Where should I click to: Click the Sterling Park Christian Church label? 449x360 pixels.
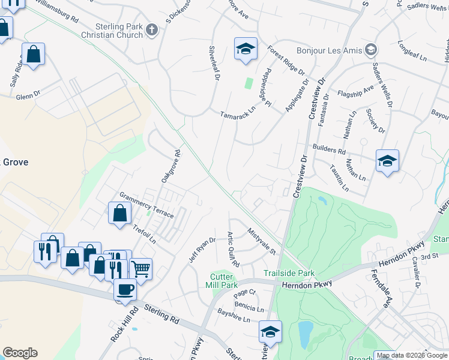click(119, 31)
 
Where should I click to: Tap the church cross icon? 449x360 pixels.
click(152, 30)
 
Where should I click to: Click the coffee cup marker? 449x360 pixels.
click(125, 290)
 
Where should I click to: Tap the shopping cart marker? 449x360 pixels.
click(140, 269)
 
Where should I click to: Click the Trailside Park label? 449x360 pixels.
click(289, 273)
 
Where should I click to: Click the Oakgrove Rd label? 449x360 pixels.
click(170, 166)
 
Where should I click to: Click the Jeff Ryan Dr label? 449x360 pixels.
click(202, 250)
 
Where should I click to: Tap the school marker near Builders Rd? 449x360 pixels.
click(387, 161)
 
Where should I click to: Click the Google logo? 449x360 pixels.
click(20, 353)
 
